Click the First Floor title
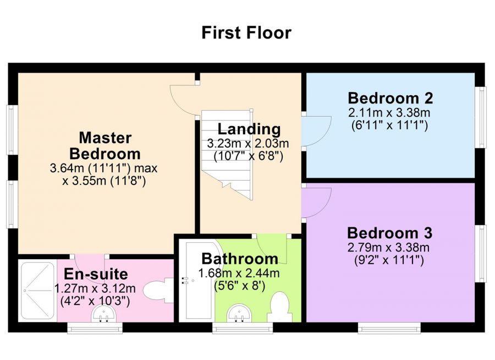(246, 32)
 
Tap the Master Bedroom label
(105, 145)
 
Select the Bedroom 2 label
(390, 99)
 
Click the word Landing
(249, 129)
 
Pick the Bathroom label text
(239, 258)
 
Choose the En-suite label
(96, 274)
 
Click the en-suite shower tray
(37, 291)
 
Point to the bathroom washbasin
(240, 312)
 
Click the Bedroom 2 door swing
(316, 130)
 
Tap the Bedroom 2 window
(482, 117)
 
